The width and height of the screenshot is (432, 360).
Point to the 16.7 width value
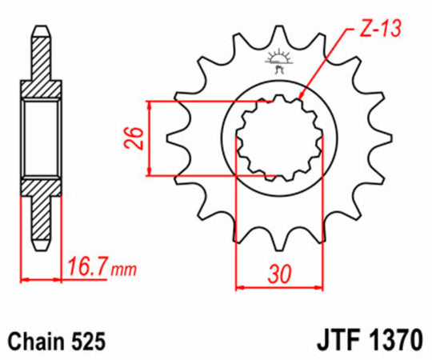(x=87, y=265)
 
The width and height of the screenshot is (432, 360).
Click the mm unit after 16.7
(x=123, y=268)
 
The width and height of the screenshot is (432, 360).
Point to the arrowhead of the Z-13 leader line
(x=302, y=98)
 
